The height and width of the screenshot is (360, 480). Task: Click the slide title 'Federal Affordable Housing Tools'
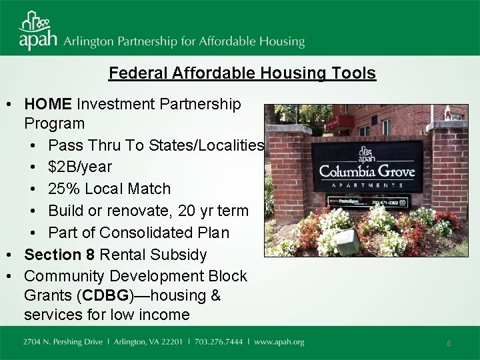point(242,73)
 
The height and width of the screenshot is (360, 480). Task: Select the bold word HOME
point(48,105)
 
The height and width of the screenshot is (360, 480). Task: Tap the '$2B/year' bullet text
point(80,167)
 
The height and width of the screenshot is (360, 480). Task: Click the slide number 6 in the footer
point(449,343)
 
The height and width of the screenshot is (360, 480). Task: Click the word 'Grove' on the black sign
point(393,171)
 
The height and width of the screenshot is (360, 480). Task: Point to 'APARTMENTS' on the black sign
point(367,185)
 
